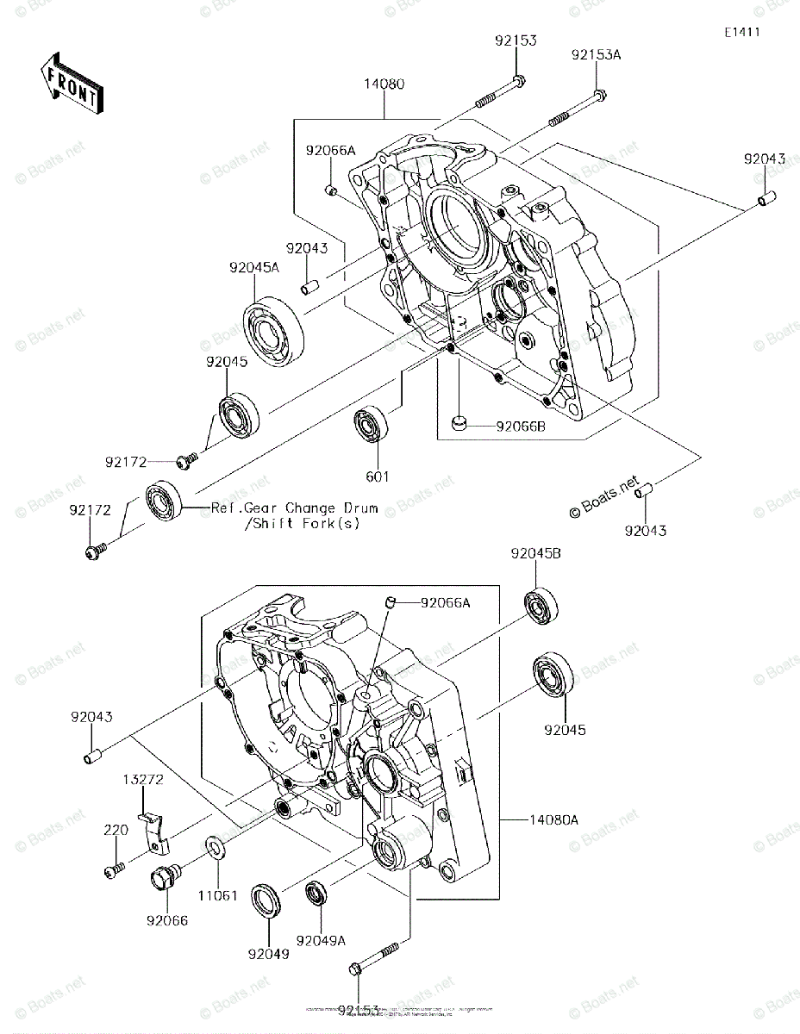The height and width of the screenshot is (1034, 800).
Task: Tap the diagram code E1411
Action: point(741,32)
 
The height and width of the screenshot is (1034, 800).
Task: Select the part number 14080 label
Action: point(384,84)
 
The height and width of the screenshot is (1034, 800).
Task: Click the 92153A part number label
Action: point(596,54)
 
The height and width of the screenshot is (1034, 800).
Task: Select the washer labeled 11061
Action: point(216,847)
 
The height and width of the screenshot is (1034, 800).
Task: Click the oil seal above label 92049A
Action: point(318,893)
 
